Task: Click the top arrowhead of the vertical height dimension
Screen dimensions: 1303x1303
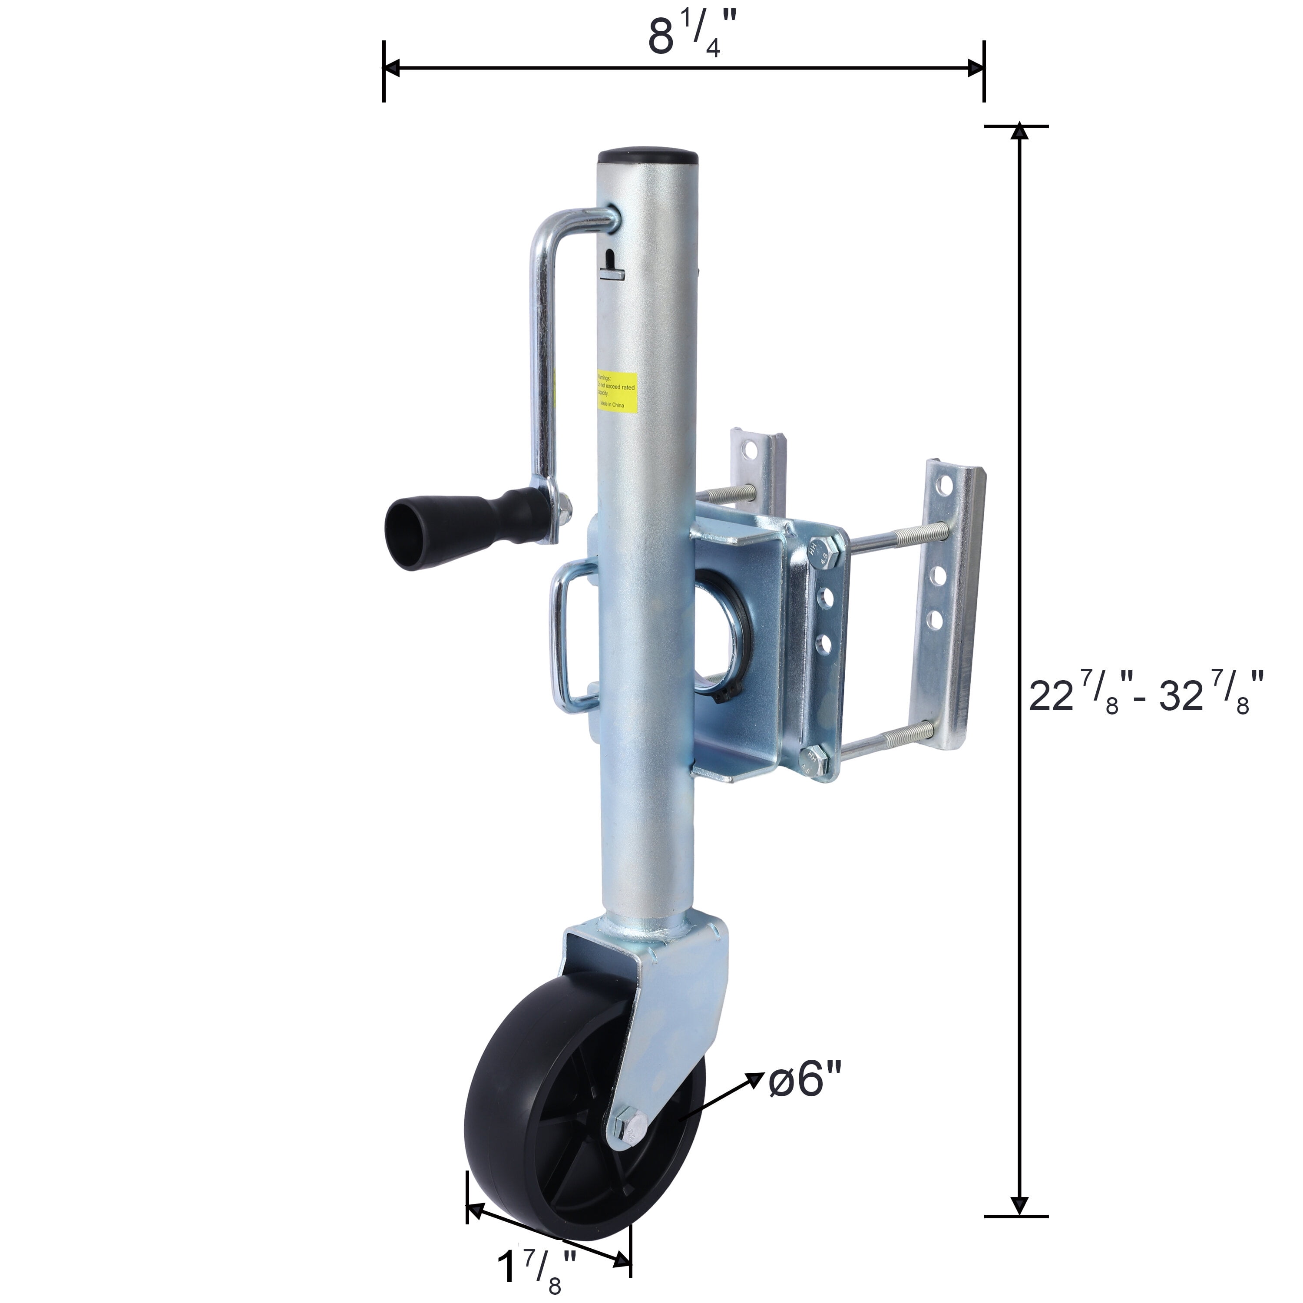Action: pyautogui.click(x=1019, y=133)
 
